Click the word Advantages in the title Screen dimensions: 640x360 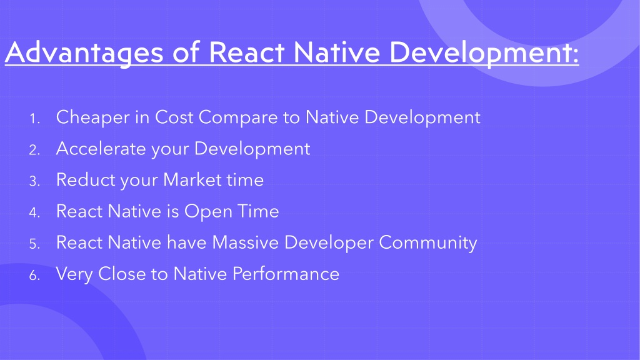84,52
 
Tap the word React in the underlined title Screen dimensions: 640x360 246,52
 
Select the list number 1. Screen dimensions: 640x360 34,119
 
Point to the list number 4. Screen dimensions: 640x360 34,212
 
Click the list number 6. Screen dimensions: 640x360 34,276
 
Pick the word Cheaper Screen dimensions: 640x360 92,117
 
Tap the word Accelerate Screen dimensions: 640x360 101,148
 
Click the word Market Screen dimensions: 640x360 192,179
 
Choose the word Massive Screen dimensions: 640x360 245,242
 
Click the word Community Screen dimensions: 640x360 427,243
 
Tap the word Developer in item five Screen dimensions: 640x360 329,243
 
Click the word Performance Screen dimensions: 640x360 286,274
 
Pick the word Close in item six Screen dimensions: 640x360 122,274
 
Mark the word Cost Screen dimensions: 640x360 174,117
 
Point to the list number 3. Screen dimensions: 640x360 34,181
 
